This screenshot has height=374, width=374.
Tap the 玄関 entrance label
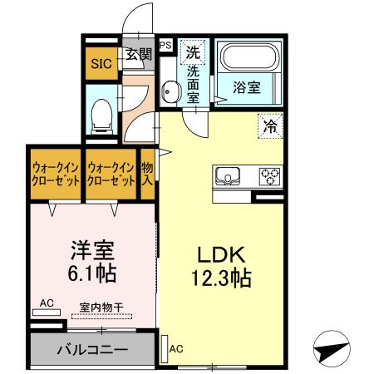point(139,55)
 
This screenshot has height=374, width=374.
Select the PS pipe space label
point(165,46)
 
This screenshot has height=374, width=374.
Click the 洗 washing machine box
point(192,52)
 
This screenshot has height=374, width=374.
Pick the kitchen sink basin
point(228,176)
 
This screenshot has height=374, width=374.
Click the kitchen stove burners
point(271,176)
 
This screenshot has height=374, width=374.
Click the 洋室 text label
point(90,249)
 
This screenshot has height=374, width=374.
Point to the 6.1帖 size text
point(90,273)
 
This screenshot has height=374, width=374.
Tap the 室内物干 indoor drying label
point(101,307)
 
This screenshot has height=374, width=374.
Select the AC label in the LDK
point(176,349)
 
